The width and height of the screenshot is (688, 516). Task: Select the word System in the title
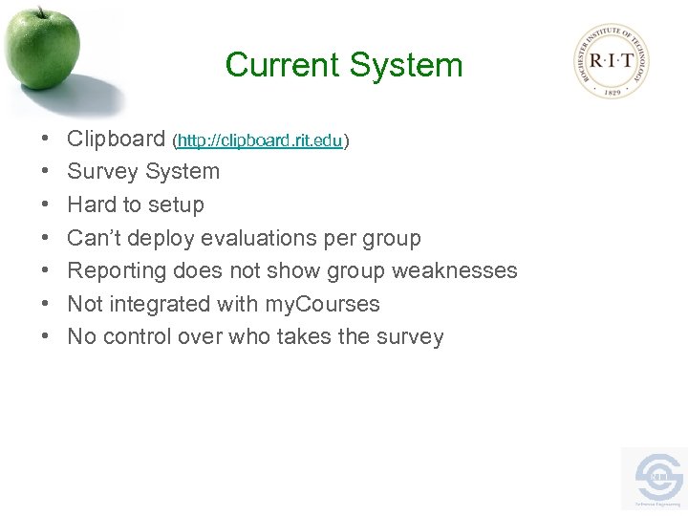406,66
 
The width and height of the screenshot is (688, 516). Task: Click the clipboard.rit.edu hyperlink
260,140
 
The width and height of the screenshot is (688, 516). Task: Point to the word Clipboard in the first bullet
116,140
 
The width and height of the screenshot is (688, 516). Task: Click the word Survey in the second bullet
101,172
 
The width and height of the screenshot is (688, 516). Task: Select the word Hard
90,204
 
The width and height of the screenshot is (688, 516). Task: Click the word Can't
94,238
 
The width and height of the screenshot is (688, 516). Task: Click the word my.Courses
321,304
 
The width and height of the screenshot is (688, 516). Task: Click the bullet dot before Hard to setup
47,205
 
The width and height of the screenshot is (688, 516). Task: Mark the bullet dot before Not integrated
47,305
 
